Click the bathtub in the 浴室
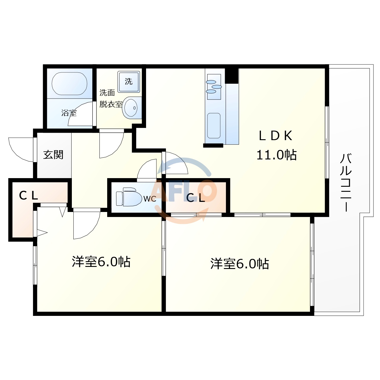[69, 84]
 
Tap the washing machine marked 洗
[129, 81]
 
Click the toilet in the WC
[129, 197]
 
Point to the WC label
[150, 199]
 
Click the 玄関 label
[53, 155]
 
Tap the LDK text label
[276, 136]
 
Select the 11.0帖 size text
[276, 155]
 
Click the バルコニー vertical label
[346, 182]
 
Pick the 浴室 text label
[69, 113]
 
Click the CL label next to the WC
[196, 198]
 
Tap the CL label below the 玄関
[28, 195]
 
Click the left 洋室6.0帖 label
[101, 262]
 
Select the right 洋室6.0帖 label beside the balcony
[240, 264]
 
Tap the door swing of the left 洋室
[86, 224]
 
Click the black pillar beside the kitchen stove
[232, 76]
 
